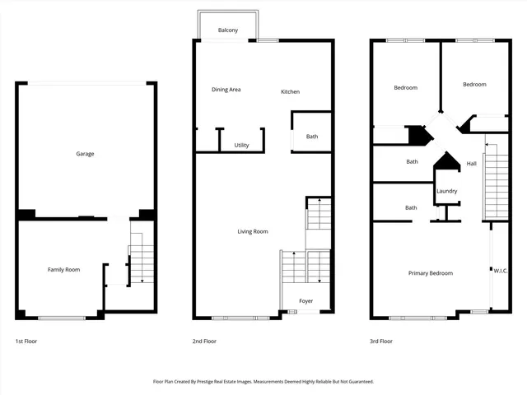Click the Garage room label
coord(85,154)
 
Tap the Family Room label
coord(63,269)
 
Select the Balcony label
coord(228,30)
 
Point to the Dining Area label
coord(226,90)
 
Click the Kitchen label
coord(290,91)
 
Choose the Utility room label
coord(241,145)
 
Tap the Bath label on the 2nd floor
coord(312,137)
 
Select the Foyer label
coord(306,301)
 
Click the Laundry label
coord(446,191)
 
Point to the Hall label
coord(471,164)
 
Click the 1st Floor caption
coord(26,341)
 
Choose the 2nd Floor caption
coord(204,341)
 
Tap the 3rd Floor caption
coord(381,341)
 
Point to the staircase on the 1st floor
coord(142,263)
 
